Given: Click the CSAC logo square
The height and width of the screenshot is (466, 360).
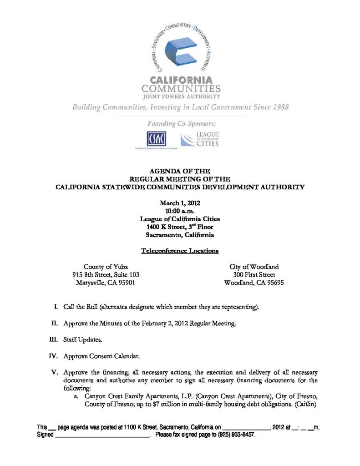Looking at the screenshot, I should [156, 138].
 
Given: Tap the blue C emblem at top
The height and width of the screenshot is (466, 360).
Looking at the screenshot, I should [180, 51].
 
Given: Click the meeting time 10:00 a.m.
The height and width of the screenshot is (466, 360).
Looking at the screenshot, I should [180, 212].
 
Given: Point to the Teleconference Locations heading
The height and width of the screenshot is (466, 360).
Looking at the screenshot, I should [180, 251].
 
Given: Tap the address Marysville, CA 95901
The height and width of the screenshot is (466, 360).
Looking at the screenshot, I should [106, 283].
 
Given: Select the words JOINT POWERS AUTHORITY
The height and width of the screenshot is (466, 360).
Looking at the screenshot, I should [181, 96].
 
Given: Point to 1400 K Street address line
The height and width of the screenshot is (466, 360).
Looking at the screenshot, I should [180, 227].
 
